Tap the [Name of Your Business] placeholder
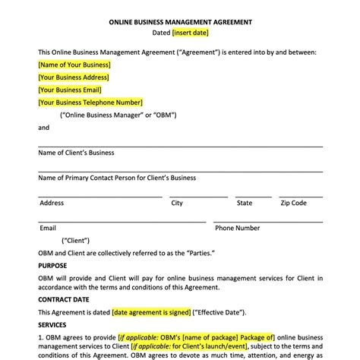tap(74, 65)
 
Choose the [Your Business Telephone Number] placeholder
tap(90, 102)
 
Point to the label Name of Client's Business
tap(76, 152)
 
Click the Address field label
tap(52, 203)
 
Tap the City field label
tap(177, 203)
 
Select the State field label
tap(244, 203)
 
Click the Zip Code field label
tap(293, 203)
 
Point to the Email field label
tap(48, 228)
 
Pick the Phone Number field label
tap(237, 228)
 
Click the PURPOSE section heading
tap(52, 265)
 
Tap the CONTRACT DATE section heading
tap(65, 299)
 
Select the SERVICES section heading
tap(52, 324)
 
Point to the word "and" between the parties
tap(43, 128)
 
